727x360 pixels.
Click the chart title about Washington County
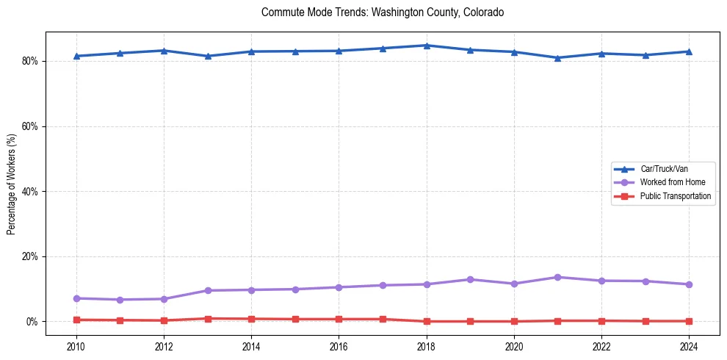coord(382,12)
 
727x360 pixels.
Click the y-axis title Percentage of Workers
coord(11,184)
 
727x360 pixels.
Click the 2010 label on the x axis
coord(76,345)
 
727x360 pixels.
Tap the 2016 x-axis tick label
coord(339,345)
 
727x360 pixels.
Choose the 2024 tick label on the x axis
coord(689,345)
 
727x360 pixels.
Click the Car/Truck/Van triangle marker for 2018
coord(426,46)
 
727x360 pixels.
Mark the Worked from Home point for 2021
coord(557,277)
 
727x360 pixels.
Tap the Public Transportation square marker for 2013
coord(208,319)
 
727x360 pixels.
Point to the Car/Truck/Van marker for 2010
coord(76,56)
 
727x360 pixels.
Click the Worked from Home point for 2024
coord(689,284)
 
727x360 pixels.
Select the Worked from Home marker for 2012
coord(164,299)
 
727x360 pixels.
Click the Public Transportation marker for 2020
coord(514,321)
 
